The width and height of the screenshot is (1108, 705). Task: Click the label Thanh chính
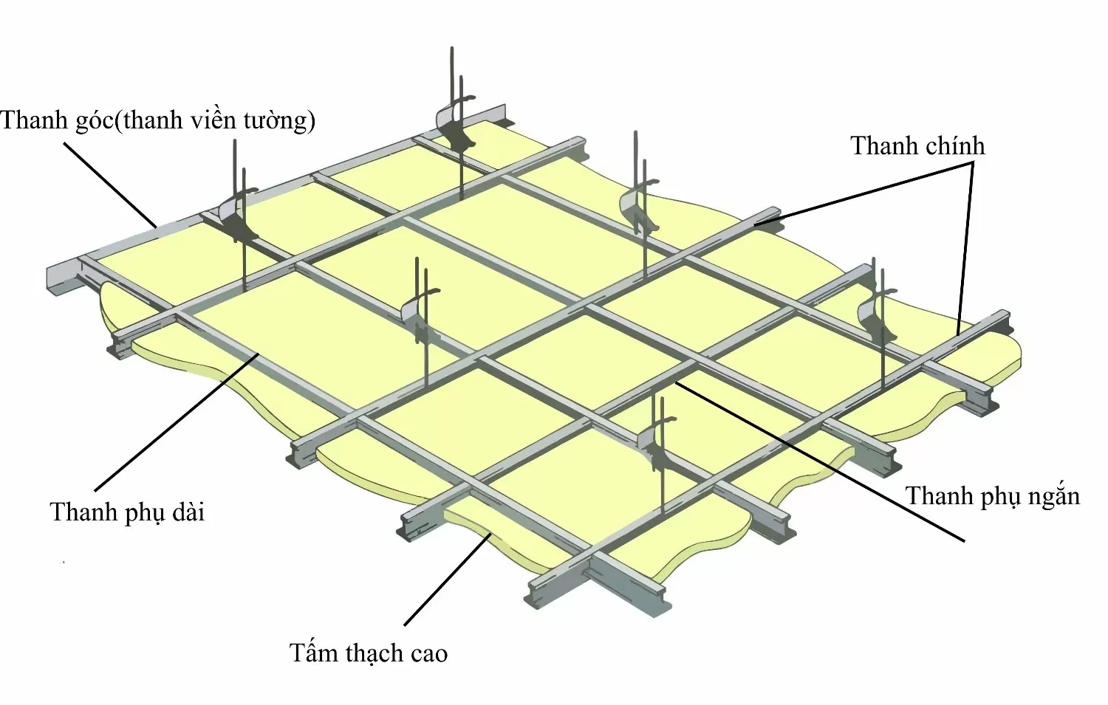[x=917, y=146]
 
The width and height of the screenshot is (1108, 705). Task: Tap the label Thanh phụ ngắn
[x=993, y=496]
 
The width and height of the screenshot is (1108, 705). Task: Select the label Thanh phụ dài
[x=127, y=512]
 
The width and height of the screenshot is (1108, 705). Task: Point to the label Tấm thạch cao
[x=368, y=653]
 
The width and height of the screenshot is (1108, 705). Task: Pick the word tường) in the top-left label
[x=284, y=120]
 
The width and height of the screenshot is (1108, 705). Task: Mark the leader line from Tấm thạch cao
[x=447, y=580]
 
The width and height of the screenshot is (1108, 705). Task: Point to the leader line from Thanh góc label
[x=109, y=184]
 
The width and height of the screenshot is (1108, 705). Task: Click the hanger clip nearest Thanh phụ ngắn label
[x=657, y=443]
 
